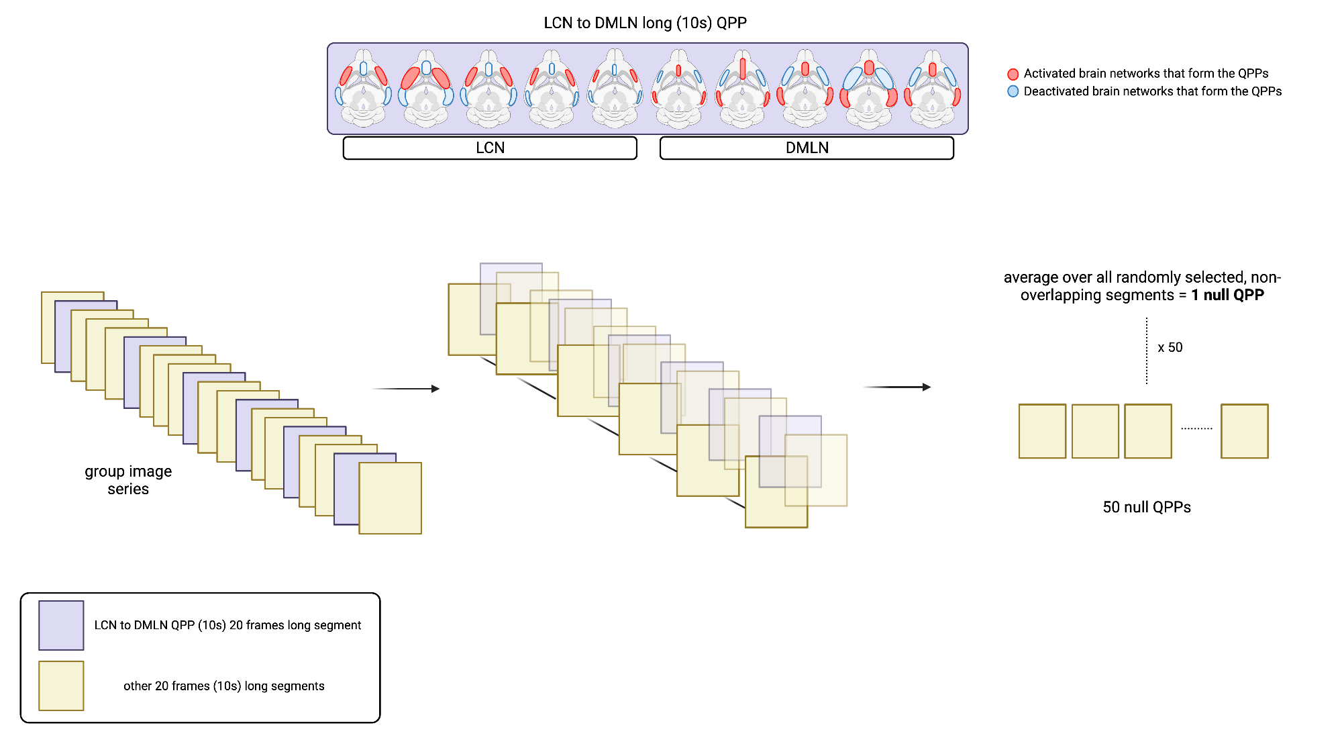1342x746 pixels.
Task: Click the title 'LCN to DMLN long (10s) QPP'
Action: point(645,23)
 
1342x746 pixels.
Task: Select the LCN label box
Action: point(490,148)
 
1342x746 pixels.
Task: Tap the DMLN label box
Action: point(807,148)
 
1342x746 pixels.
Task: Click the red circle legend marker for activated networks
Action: point(1013,74)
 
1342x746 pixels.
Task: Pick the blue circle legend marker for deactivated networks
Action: point(1013,91)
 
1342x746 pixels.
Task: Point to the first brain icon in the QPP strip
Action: point(363,88)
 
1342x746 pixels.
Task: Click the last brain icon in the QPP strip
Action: point(932,88)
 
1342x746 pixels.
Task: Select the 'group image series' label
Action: point(128,479)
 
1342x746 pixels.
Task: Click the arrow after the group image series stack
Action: point(405,389)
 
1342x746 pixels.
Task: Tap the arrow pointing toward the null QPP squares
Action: point(896,387)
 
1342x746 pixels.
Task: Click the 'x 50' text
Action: point(1170,347)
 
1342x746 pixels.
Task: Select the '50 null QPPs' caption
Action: point(1147,507)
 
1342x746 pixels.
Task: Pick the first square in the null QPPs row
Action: point(1042,431)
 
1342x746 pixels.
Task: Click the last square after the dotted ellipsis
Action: point(1244,431)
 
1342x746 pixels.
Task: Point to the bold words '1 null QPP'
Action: point(1227,295)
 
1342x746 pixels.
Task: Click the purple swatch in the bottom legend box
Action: point(61,625)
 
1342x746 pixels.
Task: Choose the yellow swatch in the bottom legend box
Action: point(61,686)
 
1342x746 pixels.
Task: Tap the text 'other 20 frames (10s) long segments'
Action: point(223,686)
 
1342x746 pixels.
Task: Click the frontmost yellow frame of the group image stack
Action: point(390,498)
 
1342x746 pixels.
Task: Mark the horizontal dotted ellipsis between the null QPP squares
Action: point(1196,428)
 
